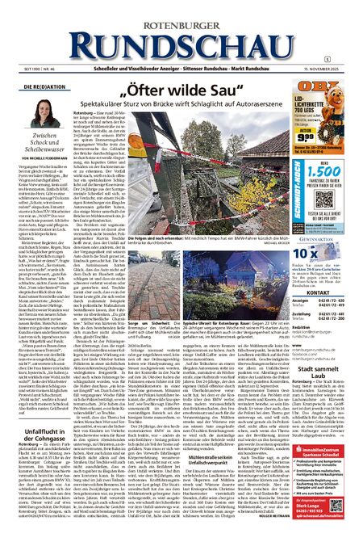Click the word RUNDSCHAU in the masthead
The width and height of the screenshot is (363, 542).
tap(181, 37)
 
